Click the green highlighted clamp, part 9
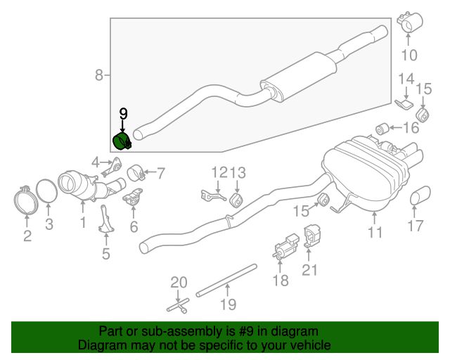pyautogui.click(x=122, y=142)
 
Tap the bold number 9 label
pyautogui.click(x=123, y=114)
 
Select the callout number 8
pyautogui.click(x=98, y=75)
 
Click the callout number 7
pyautogui.click(x=161, y=174)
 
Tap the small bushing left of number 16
pyautogui.click(x=382, y=129)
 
